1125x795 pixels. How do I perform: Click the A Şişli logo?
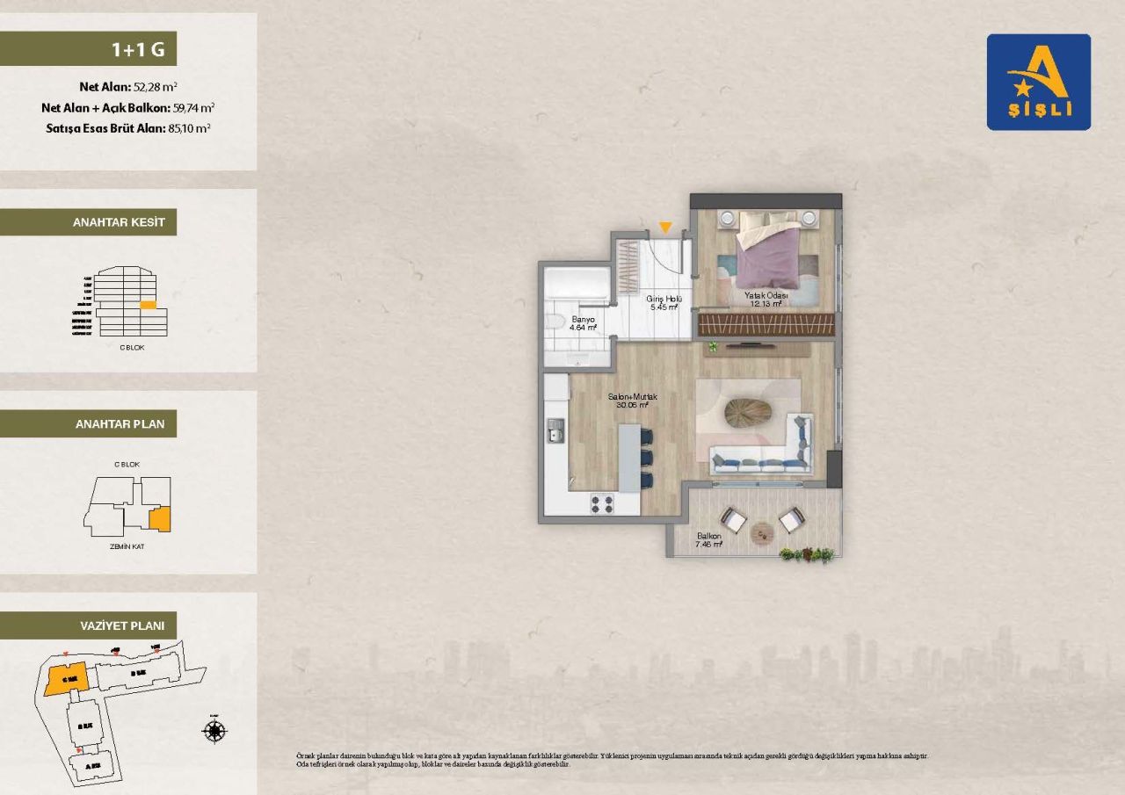click(x=1038, y=82)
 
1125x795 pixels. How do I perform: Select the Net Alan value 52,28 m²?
click(x=156, y=87)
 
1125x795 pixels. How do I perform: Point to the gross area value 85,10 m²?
click(x=189, y=127)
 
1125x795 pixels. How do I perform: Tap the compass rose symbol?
click(x=214, y=730)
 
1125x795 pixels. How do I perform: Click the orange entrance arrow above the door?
click(x=665, y=228)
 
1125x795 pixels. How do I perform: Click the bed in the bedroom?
click(x=768, y=248)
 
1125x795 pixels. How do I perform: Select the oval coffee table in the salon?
click(x=748, y=411)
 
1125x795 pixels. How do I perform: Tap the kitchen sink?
click(x=555, y=430)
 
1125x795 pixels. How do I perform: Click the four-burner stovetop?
click(x=601, y=503)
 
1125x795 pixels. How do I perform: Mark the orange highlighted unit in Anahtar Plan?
click(x=160, y=519)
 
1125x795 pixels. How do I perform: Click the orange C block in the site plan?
click(x=64, y=679)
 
